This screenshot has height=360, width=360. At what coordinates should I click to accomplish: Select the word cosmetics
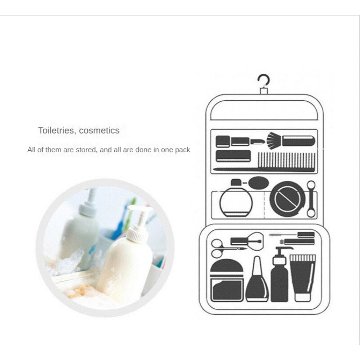click(x=99, y=130)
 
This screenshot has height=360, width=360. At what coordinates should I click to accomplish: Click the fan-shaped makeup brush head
click(x=274, y=139)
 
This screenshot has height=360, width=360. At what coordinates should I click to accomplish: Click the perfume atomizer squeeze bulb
click(x=259, y=183)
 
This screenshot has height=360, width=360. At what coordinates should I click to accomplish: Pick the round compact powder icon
click(x=288, y=199)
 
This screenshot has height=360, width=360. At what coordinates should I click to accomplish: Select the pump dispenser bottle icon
click(x=279, y=275)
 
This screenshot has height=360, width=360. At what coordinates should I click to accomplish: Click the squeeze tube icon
click(x=302, y=278)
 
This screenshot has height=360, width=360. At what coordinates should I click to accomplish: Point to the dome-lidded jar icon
click(x=227, y=280)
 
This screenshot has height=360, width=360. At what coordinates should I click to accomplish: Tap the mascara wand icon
click(x=292, y=235)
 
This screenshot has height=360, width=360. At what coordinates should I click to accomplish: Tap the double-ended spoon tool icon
click(x=311, y=199)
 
